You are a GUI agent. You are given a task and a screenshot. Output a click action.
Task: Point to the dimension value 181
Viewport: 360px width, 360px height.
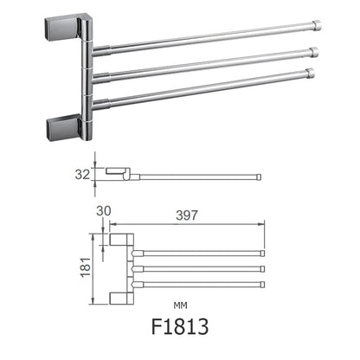tap(84, 267)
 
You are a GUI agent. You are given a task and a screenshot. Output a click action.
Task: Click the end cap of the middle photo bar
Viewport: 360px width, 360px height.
tap(313, 52)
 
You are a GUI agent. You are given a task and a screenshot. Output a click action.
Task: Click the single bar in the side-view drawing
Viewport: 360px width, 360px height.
tap(199, 178)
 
